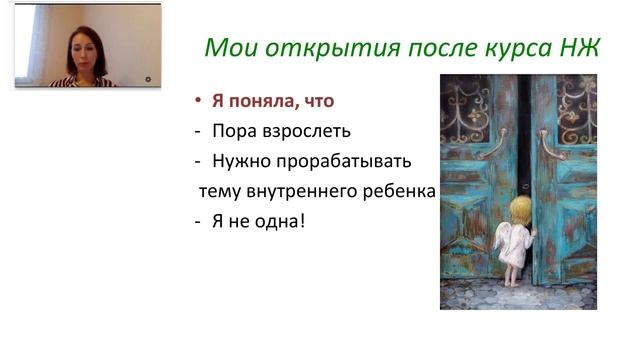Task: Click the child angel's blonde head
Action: tap(520, 208)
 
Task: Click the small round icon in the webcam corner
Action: tap(147, 77)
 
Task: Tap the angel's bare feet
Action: tap(513, 282)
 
